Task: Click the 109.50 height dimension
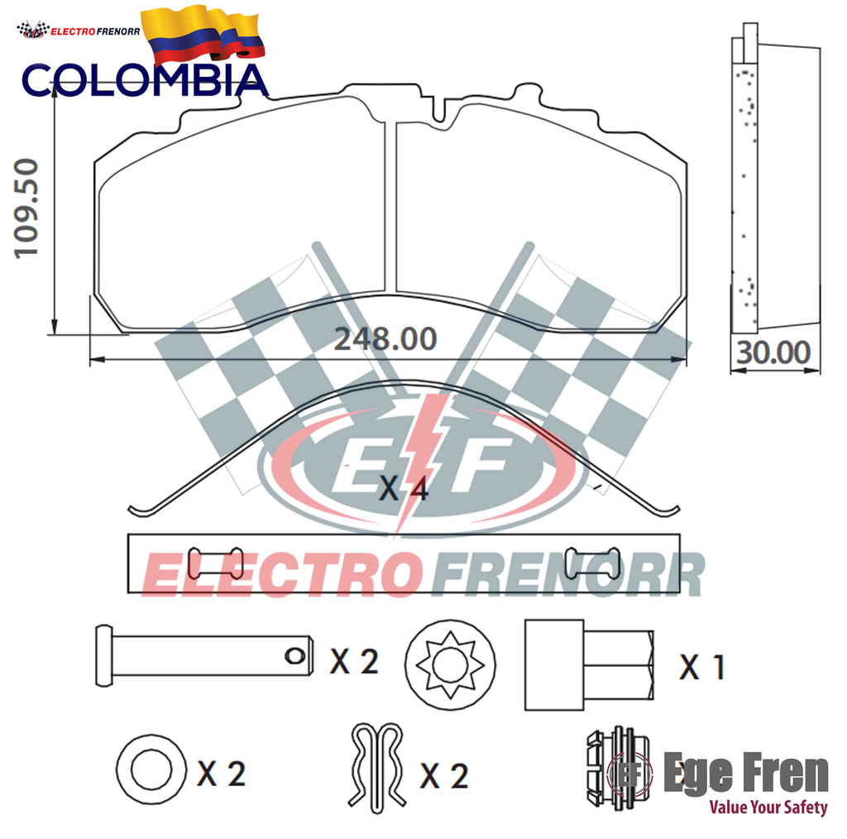[x=26, y=209]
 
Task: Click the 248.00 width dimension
[x=385, y=339]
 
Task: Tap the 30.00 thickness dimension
[x=773, y=352]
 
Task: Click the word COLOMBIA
[x=145, y=80]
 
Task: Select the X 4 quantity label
[x=404, y=488]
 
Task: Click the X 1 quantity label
[x=701, y=667]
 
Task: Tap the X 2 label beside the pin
[x=354, y=661]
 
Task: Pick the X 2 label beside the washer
[x=222, y=774]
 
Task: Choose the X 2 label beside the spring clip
[x=444, y=776]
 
